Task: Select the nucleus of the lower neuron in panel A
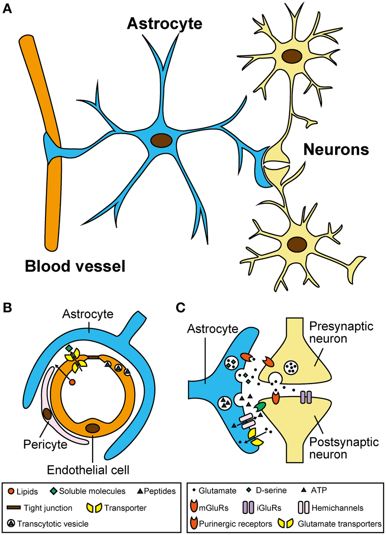(x=297, y=243)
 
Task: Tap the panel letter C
(x=181, y=308)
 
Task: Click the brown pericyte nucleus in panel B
(x=47, y=414)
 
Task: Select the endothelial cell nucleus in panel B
(x=93, y=428)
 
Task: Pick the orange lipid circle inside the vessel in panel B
(x=72, y=383)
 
